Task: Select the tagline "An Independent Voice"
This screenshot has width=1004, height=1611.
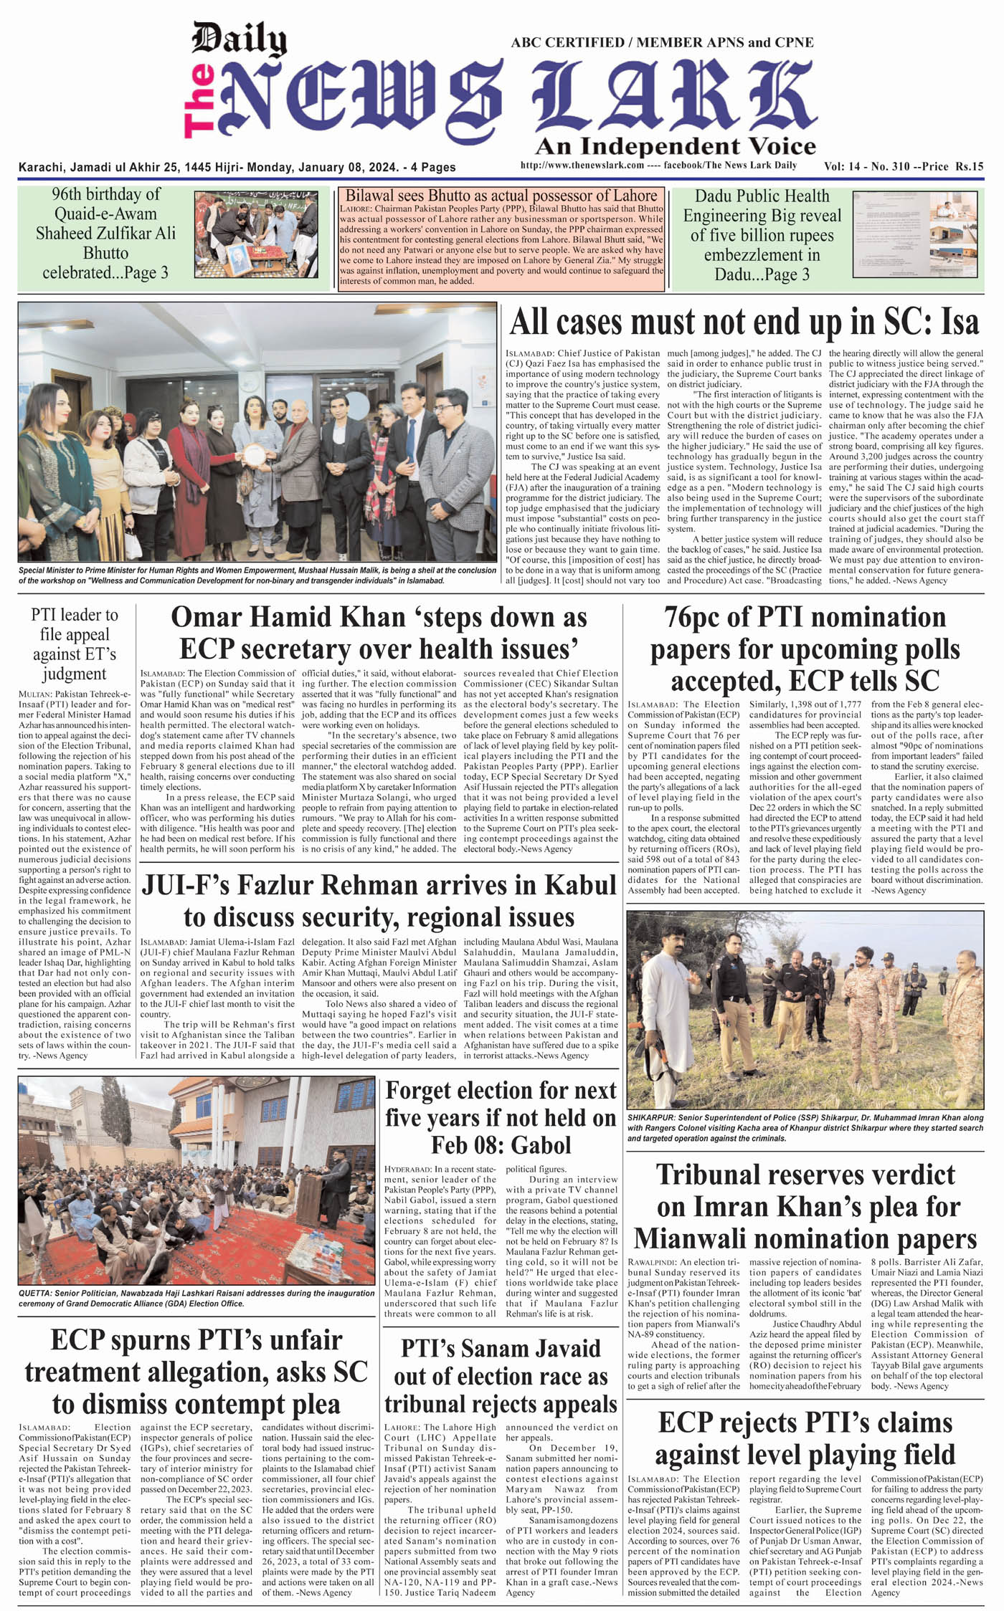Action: tap(675, 147)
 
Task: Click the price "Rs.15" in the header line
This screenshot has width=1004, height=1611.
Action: tap(969, 166)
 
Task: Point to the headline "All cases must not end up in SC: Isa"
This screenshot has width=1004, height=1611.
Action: tap(744, 322)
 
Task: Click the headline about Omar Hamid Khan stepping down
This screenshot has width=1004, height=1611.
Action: tap(379, 632)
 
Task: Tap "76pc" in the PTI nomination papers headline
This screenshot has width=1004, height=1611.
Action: tap(695, 618)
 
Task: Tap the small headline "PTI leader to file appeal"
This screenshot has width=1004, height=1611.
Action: tap(75, 644)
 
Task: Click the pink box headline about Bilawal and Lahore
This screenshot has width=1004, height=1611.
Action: tap(501, 196)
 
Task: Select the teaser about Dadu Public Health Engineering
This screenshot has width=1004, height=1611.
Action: tap(761, 235)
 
